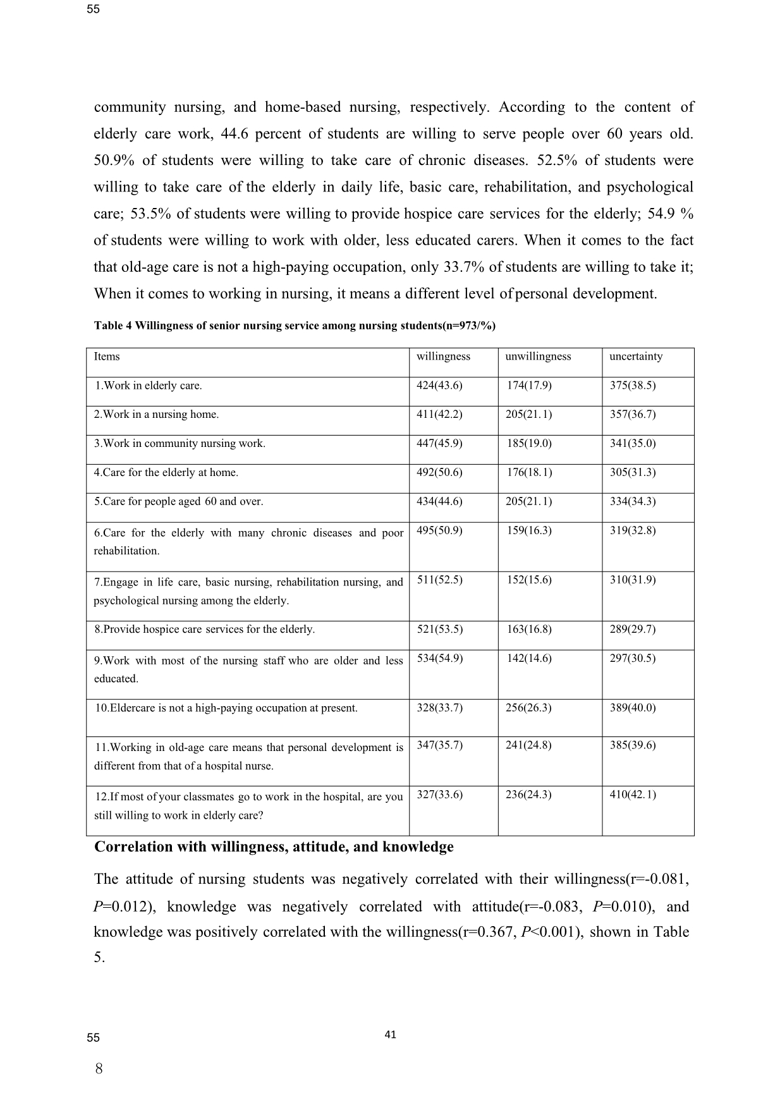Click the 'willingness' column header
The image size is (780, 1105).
point(443,357)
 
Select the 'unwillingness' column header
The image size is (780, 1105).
point(538,357)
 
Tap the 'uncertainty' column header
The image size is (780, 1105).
point(636,357)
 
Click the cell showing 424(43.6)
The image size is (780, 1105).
point(439,386)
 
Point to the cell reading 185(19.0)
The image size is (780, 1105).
point(529,444)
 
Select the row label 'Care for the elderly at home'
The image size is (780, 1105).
point(166,473)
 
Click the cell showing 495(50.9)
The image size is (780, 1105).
point(439,530)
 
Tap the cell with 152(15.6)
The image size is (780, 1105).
point(529,580)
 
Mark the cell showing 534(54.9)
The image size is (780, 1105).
point(439,659)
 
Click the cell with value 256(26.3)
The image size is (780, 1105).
point(528,708)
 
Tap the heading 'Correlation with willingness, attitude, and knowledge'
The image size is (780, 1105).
point(274,847)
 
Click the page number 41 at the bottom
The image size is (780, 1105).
point(390,1035)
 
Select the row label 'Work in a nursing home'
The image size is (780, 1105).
point(157,415)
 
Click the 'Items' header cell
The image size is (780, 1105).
point(107,357)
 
